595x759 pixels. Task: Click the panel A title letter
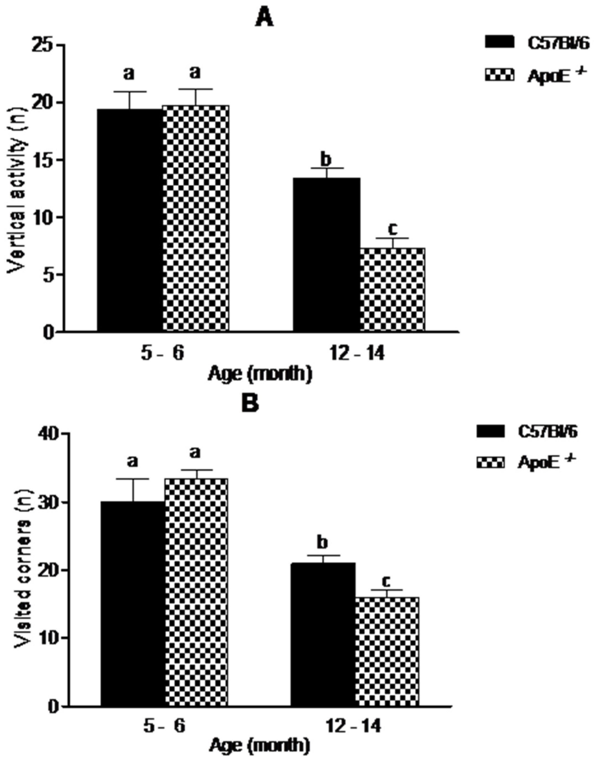pos(265,18)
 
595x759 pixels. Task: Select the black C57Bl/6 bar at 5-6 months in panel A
pos(129,220)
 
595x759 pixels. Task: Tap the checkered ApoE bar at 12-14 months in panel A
pos(392,289)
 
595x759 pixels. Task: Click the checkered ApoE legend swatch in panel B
pos(490,463)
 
